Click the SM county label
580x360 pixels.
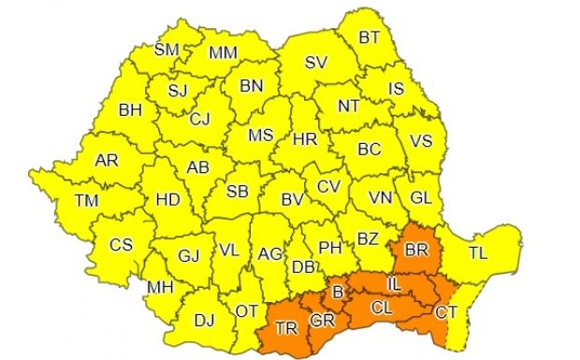click(167, 50)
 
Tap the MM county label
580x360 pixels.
click(223, 52)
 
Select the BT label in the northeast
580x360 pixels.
click(370, 38)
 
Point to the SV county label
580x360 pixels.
click(316, 64)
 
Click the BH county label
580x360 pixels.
click(130, 109)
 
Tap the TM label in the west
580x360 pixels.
click(87, 200)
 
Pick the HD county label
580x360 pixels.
click(167, 200)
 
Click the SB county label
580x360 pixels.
click(238, 191)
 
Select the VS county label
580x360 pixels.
click(421, 143)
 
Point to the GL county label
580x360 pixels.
click(422, 197)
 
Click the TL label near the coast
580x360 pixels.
click(478, 252)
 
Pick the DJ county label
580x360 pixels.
click(203, 320)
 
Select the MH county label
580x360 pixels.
click(160, 288)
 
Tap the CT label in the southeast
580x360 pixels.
click(446, 311)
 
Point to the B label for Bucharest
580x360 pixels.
click(339, 295)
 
